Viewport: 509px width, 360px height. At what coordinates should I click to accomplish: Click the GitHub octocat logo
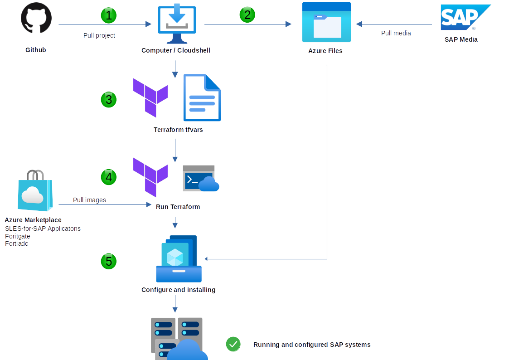pyautogui.click(x=36, y=18)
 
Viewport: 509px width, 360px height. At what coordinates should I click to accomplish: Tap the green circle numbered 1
pyautogui.click(x=108, y=15)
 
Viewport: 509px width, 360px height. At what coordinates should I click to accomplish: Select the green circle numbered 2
pyautogui.click(x=247, y=15)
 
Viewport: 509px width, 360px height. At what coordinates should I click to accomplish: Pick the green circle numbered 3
pyautogui.click(x=108, y=99)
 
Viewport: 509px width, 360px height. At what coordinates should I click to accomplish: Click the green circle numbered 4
pyautogui.click(x=108, y=177)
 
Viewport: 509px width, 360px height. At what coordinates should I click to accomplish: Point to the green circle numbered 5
pyautogui.click(x=108, y=261)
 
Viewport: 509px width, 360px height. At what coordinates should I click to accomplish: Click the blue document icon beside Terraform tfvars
pyautogui.click(x=202, y=97)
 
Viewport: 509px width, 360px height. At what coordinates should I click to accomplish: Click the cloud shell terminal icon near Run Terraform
pyautogui.click(x=200, y=179)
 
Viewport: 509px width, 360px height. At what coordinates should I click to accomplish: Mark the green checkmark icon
pyautogui.click(x=233, y=345)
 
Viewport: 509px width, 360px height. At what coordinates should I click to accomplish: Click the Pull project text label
pyautogui.click(x=99, y=35)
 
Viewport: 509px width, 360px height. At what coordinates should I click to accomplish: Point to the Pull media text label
pyautogui.click(x=396, y=33)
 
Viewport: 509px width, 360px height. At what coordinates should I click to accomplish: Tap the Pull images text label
pyautogui.click(x=89, y=200)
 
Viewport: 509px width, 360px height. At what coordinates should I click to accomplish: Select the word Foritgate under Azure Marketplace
pyautogui.click(x=18, y=236)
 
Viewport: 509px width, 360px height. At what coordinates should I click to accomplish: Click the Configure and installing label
pyautogui.click(x=178, y=290)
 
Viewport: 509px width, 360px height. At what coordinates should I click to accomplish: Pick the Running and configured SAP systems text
pyautogui.click(x=312, y=345)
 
